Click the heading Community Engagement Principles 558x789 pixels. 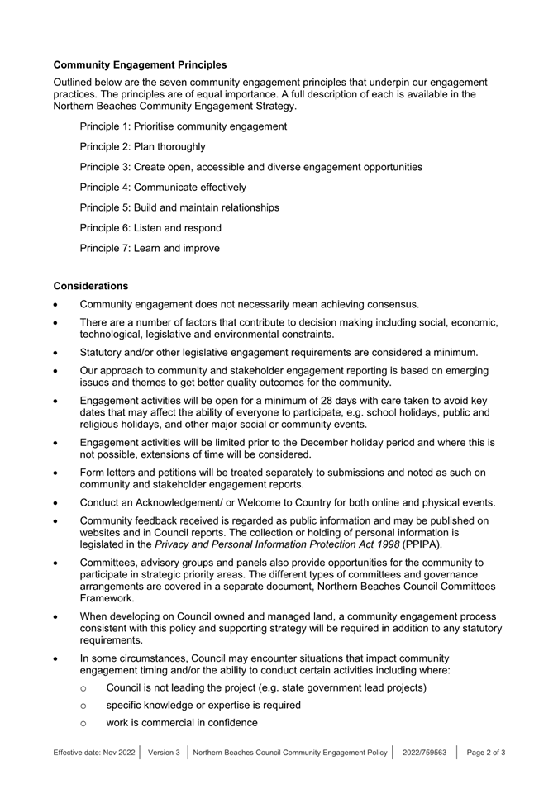(x=140, y=64)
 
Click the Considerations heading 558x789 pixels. (x=91, y=285)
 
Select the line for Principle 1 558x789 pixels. (x=183, y=126)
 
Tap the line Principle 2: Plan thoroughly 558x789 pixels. (x=142, y=147)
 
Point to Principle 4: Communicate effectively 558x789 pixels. (x=162, y=188)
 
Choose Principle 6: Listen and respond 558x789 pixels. (x=150, y=228)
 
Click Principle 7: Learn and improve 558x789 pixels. (x=150, y=248)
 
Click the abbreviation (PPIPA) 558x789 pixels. (x=422, y=545)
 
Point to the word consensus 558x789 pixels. (x=390, y=304)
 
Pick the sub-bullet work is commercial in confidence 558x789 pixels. (x=182, y=723)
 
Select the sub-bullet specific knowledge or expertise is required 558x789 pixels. (x=203, y=706)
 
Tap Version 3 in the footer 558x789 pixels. (x=164, y=753)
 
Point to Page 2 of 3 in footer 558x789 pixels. (x=486, y=753)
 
